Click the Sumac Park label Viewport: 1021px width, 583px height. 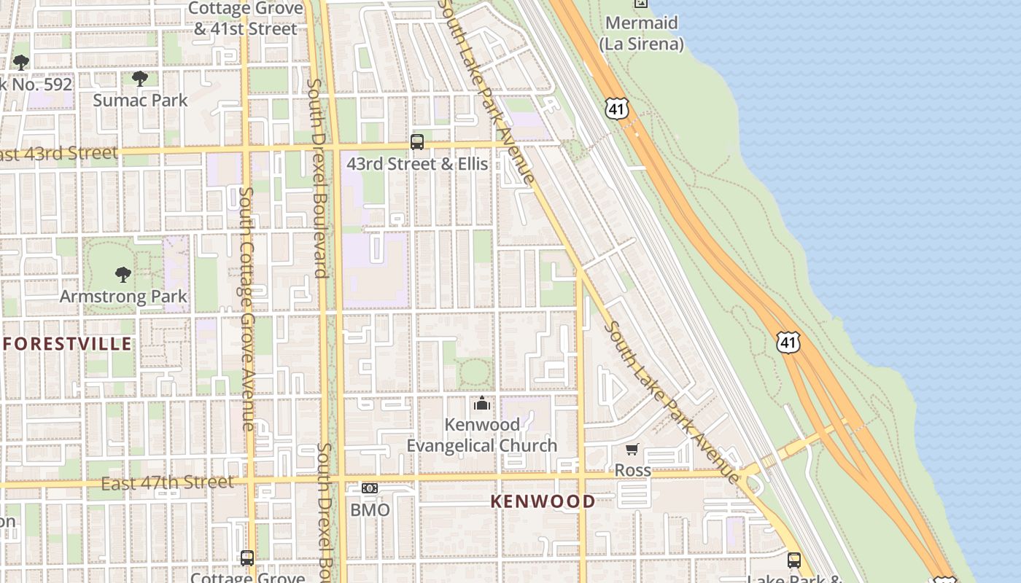coord(140,101)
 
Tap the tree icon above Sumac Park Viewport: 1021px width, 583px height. coord(140,79)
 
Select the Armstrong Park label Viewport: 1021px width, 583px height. coord(123,297)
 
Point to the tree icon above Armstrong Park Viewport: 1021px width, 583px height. coord(123,275)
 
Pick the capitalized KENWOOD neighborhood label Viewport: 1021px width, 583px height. coord(543,501)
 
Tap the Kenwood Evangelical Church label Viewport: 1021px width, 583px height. coord(481,435)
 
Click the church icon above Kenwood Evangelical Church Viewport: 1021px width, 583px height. coord(481,403)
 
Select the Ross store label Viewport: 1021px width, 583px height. coord(632,470)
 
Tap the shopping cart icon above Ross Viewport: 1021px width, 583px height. coord(632,450)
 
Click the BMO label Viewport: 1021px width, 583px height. coord(370,510)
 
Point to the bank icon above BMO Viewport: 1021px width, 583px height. coord(370,488)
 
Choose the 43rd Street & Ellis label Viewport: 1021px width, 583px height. coord(417,164)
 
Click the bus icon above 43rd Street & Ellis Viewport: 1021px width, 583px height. coord(417,142)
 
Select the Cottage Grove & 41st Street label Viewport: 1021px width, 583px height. coord(246,19)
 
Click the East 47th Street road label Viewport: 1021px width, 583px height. coord(168,482)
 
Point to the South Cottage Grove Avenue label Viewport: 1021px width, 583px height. coord(246,306)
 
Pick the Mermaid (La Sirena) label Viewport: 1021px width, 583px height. coord(642,34)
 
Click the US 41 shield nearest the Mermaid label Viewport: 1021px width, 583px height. coord(616,109)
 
